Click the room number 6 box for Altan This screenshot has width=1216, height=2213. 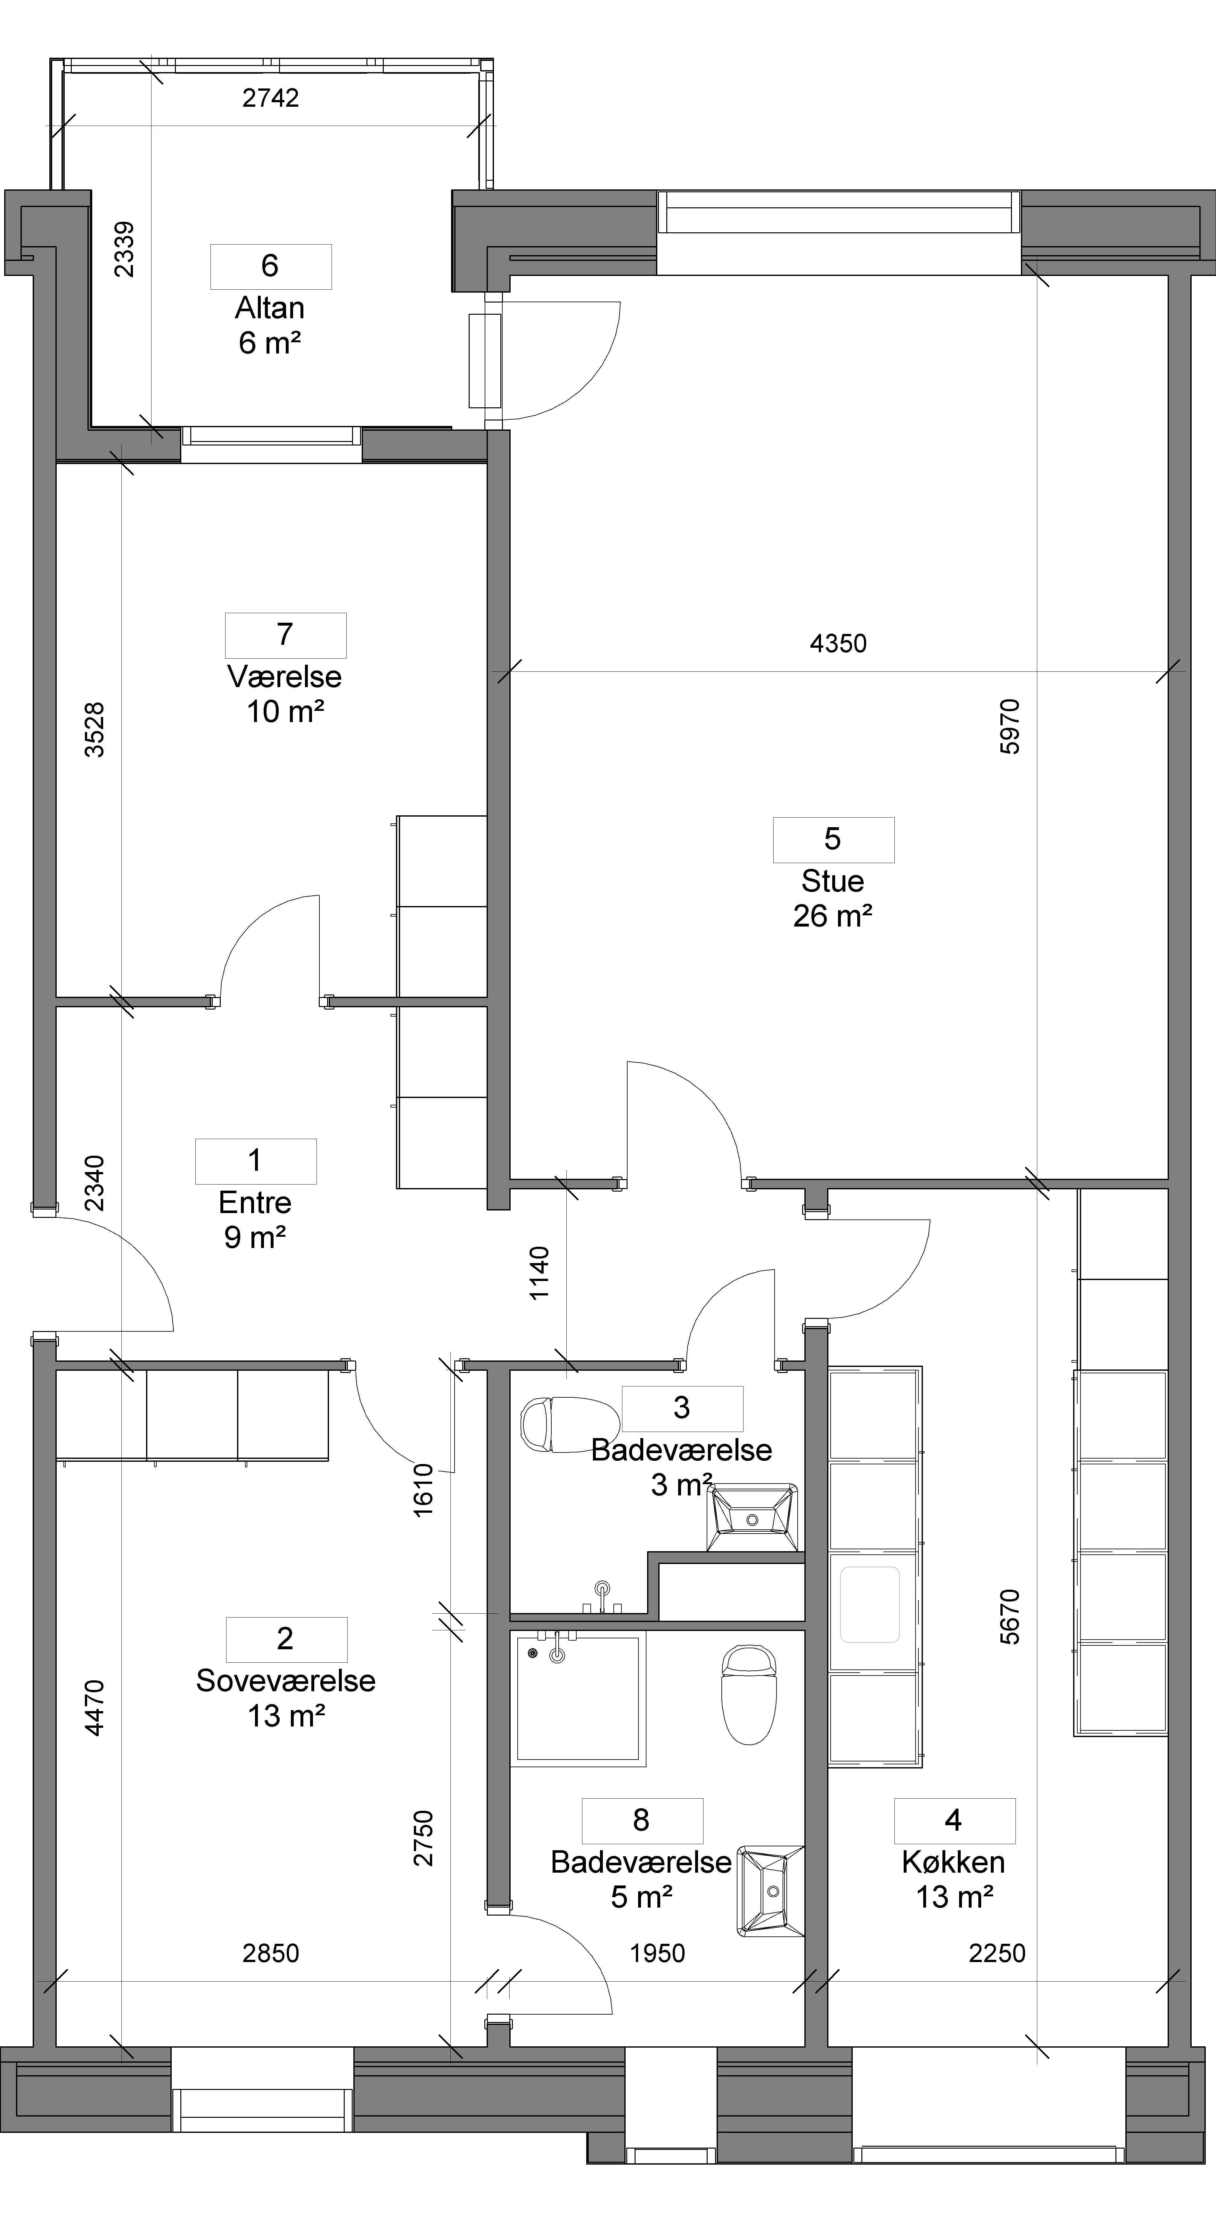pyautogui.click(x=270, y=266)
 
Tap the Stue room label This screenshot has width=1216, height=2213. pyautogui.click(x=832, y=881)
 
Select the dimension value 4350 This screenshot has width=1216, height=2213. pyautogui.click(x=838, y=644)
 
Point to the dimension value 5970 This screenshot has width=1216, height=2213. pyautogui.click(x=1011, y=727)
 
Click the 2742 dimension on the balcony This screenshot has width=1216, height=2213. pyautogui.click(x=270, y=98)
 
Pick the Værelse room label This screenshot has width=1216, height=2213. pyautogui.click(x=284, y=677)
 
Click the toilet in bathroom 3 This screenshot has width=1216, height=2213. pyautogui.click(x=570, y=1424)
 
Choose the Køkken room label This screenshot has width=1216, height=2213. pyautogui.click(x=953, y=1862)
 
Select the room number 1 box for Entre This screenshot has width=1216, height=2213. pyautogui.click(x=256, y=1161)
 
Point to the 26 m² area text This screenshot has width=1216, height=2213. pyautogui.click(x=832, y=917)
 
